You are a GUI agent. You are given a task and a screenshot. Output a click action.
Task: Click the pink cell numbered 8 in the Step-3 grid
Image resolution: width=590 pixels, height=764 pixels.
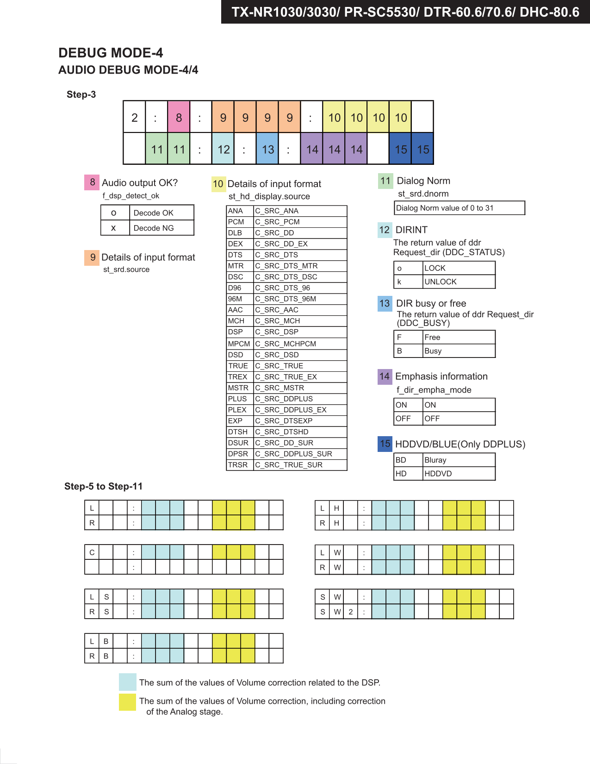point(179,117)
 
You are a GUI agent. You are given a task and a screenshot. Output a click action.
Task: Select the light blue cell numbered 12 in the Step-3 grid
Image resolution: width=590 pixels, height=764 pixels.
point(223,149)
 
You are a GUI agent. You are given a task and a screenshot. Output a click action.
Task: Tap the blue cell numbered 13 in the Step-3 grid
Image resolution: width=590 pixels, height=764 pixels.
point(267,149)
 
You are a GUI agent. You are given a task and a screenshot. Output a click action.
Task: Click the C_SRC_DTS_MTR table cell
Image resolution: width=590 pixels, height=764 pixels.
point(300,266)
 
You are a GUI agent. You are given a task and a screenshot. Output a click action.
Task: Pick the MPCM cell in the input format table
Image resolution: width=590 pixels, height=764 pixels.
point(239,344)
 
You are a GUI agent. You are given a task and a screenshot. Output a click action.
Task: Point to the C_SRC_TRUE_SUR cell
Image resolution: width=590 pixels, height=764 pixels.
point(300,465)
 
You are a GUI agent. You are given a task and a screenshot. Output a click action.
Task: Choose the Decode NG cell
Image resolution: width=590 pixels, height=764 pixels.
point(161,228)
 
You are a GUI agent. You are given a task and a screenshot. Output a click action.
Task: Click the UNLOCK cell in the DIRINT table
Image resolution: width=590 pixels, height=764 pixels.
point(458,282)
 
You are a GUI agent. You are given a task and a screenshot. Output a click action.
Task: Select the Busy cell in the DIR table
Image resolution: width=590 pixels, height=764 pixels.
point(458,351)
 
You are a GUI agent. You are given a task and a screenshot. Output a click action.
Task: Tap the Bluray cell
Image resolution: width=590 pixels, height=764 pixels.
point(458,460)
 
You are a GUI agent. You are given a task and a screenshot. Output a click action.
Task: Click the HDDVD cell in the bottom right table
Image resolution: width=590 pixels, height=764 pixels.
point(458,474)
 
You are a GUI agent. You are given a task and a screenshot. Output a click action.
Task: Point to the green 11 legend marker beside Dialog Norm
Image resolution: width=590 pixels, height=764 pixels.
point(385,181)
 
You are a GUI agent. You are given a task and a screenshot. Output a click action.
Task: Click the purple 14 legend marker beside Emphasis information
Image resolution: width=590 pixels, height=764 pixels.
point(385,376)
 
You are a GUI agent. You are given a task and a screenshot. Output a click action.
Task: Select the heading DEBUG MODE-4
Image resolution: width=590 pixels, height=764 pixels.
point(111,53)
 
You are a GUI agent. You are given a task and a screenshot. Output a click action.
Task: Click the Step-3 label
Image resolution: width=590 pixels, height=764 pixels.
point(81,94)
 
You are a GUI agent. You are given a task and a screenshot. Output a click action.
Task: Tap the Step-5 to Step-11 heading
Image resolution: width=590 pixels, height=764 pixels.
point(103,486)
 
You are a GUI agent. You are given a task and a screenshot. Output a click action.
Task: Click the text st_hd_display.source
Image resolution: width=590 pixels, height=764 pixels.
point(269,196)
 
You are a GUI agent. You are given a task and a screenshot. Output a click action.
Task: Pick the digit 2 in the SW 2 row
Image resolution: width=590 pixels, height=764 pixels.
point(351,612)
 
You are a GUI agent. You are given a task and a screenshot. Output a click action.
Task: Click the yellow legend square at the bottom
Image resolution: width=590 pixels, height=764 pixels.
point(127,702)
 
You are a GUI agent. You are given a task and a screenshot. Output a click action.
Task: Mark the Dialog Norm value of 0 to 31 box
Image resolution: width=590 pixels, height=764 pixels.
point(459,208)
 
